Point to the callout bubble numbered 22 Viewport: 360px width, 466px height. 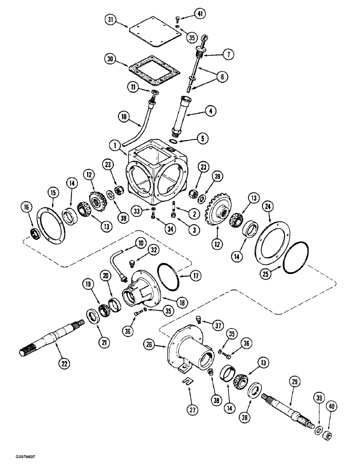pyautogui.click(x=61, y=361)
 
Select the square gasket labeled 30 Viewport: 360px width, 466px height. pyautogui.click(x=153, y=69)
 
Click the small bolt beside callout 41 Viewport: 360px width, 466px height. pyautogui.click(x=177, y=19)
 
